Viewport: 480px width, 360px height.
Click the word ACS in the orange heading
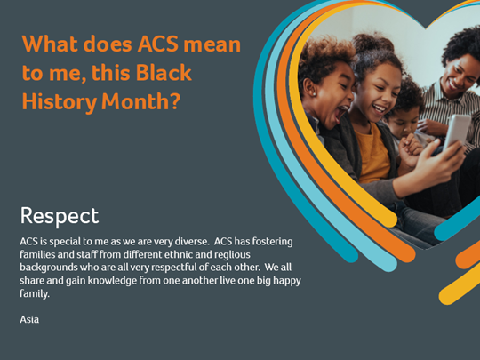157,44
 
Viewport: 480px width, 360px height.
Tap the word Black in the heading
164,73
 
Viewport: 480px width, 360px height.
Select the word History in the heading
60,102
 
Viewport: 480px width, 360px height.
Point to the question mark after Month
174,101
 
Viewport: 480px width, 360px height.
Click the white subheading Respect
60,216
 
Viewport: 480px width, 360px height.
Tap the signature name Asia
29,320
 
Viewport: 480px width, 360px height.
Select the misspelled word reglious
232,255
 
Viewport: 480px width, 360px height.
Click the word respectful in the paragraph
174,268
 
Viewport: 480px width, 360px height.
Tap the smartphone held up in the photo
457,132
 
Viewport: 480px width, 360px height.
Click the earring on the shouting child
314,93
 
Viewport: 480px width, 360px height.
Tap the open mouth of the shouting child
340,112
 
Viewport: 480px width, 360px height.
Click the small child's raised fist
409,147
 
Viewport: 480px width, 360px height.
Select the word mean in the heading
212,44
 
